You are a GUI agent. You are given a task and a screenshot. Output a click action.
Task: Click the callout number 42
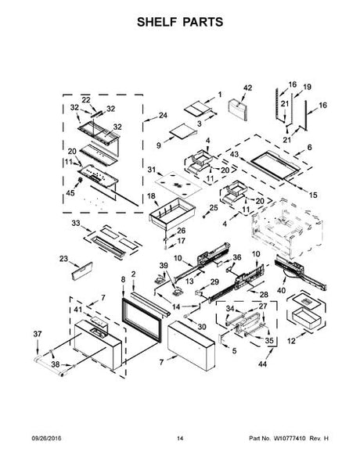point(247,88)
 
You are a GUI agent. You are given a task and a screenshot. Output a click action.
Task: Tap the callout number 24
point(163,115)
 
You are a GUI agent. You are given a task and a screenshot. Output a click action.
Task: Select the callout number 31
point(152,170)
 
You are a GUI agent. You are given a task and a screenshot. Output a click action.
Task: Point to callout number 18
point(151,196)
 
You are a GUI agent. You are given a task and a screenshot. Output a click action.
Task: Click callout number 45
point(70,193)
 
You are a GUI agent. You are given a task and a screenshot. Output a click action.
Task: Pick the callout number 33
point(76,223)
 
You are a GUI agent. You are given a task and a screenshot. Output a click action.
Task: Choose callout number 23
point(63,259)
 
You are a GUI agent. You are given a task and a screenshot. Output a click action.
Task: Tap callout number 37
point(38,334)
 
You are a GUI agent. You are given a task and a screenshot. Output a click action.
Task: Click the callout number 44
point(262,364)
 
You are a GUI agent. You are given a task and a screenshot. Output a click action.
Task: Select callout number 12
point(291,341)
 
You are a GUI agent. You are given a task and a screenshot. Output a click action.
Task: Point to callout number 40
point(281,290)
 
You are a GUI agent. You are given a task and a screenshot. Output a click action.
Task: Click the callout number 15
point(313,195)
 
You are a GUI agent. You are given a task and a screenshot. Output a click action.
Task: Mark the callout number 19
point(307,87)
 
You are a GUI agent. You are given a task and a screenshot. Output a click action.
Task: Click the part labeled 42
point(237,110)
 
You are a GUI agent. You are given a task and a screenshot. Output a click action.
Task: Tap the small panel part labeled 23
point(82,271)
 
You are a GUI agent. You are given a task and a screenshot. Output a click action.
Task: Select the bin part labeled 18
point(172,213)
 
